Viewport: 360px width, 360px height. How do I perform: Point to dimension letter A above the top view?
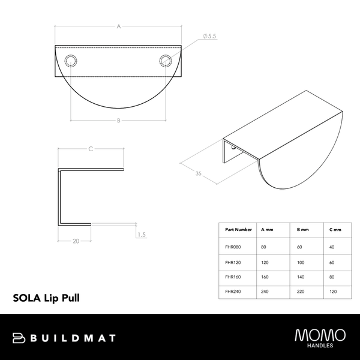tap(119, 26)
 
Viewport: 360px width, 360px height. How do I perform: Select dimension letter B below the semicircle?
tap(119, 121)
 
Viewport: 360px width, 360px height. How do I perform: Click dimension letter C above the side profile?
tap(90, 148)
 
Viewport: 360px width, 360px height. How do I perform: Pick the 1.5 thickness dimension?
tap(141, 235)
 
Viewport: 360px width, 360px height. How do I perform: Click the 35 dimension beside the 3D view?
tap(198, 175)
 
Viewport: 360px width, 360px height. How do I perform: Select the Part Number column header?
tap(238, 229)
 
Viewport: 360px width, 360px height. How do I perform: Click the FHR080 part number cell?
tap(233, 246)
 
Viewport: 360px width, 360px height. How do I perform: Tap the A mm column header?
tap(268, 229)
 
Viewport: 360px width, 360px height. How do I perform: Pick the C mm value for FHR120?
tap(332, 262)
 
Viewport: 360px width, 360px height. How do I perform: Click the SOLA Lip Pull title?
tap(46, 296)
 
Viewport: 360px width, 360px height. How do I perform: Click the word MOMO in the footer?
tap(320, 334)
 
